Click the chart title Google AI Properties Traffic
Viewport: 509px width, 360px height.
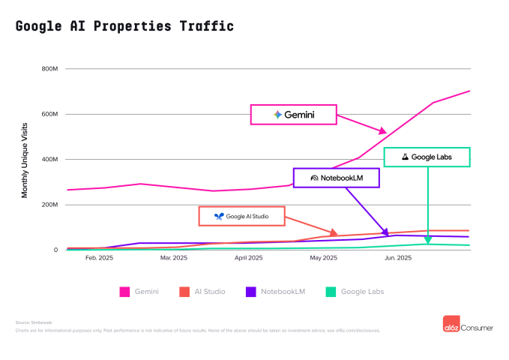coord(124,26)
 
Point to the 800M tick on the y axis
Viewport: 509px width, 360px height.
coord(49,69)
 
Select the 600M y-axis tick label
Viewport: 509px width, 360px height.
coord(49,114)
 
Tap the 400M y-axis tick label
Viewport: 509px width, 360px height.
coord(49,160)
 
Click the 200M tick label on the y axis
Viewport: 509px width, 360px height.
coord(49,205)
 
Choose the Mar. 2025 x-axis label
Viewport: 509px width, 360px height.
coord(174,258)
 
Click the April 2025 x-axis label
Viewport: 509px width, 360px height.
coord(249,258)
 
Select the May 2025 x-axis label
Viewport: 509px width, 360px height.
coord(324,258)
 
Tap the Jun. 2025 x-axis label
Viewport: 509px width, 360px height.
coord(398,258)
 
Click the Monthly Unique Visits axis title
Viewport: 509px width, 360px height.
coord(25,159)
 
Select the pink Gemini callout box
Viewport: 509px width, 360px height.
coord(293,115)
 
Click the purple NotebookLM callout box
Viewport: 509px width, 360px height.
coord(337,178)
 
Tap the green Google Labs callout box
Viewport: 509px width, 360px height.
coord(427,157)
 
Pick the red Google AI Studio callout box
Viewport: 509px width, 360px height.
coord(241,216)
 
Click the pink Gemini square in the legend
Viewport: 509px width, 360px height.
coord(124,291)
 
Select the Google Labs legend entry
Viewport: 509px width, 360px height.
coord(355,291)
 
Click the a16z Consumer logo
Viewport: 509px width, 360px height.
coord(467,323)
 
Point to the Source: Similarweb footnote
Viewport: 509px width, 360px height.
coord(31,322)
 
